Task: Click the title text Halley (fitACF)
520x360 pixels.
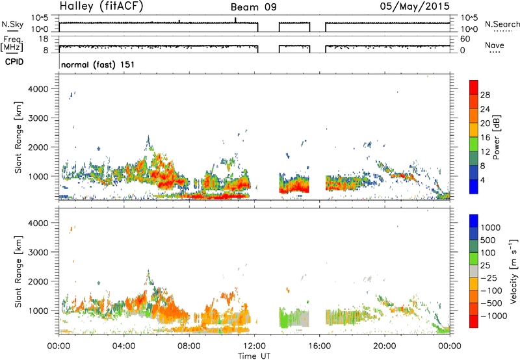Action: click(x=101, y=6)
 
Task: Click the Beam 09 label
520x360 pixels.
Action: click(x=253, y=7)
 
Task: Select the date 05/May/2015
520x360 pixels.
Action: click(x=415, y=6)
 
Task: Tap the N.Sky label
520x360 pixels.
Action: click(x=12, y=24)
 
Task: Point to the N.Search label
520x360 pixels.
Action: click(x=502, y=24)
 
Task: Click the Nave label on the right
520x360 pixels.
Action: click(x=495, y=45)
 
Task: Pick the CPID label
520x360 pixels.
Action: click(x=14, y=62)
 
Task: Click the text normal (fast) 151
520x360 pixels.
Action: click(x=98, y=64)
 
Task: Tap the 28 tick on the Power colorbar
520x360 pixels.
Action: click(x=485, y=95)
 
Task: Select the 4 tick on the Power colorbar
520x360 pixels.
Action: click(x=482, y=181)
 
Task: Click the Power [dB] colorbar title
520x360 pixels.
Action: click(x=496, y=137)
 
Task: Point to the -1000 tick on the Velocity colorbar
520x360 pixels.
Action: click(x=494, y=316)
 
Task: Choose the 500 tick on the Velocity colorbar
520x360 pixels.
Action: click(x=488, y=240)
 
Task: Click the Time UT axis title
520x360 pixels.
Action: click(x=254, y=355)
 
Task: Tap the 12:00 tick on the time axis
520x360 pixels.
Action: click(x=255, y=346)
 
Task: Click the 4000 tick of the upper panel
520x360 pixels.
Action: click(x=38, y=89)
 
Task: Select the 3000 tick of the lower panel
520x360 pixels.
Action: click(x=38, y=252)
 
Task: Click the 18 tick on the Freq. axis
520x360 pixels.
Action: click(x=44, y=39)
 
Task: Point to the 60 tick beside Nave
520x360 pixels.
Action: click(x=465, y=39)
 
